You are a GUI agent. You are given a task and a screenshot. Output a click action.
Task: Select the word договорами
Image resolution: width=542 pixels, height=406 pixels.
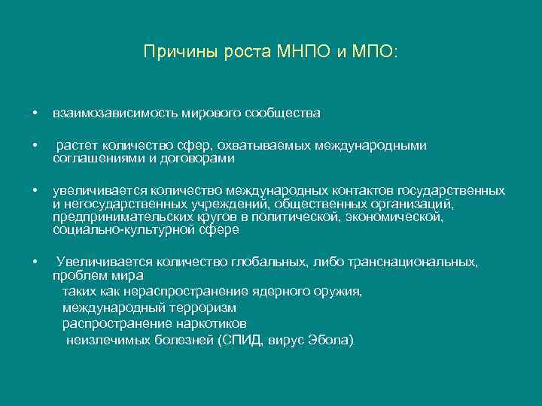(x=202, y=159)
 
